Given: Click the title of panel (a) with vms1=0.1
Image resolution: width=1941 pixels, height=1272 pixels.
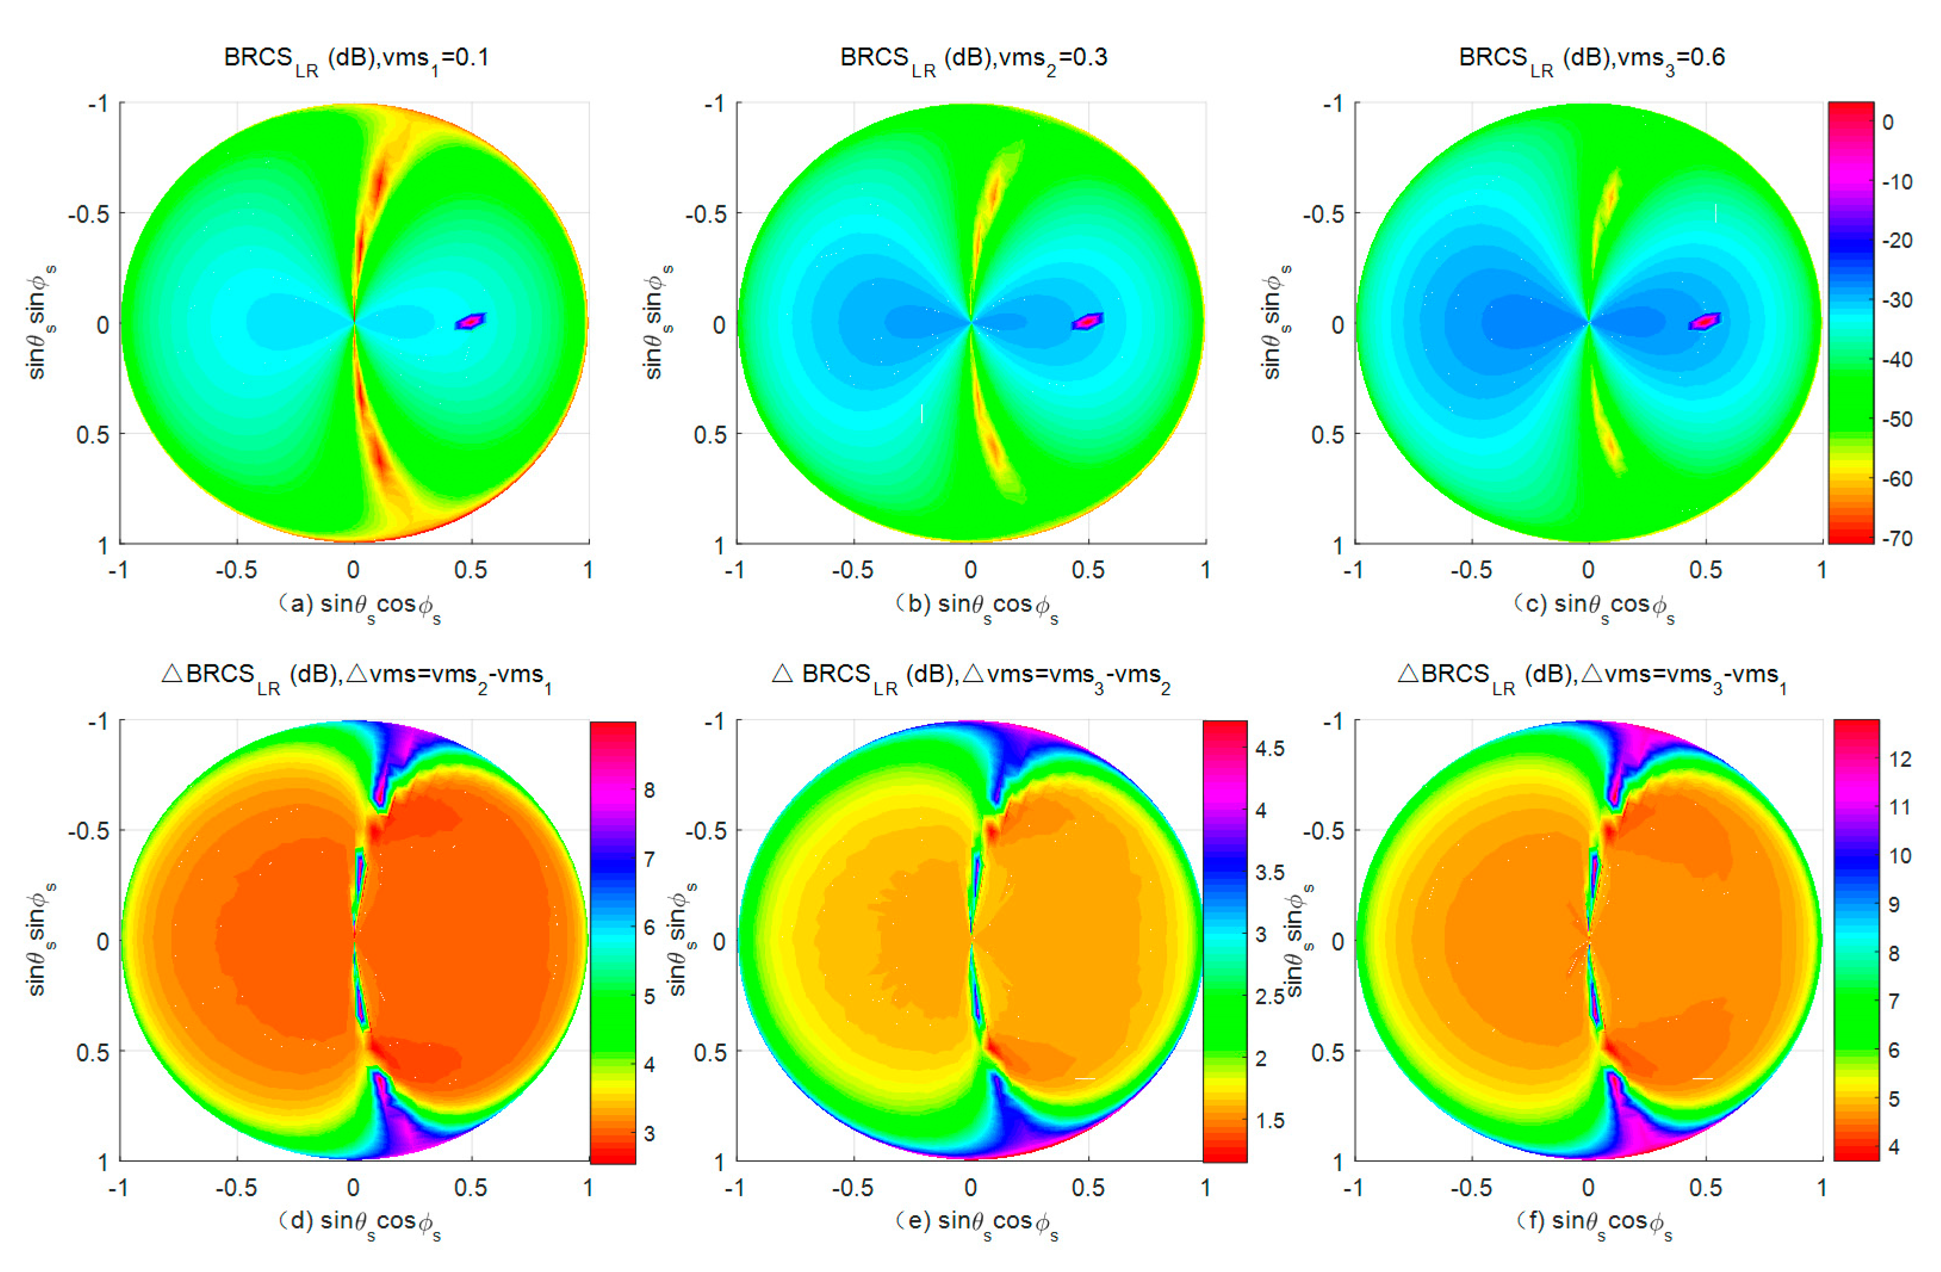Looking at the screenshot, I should click(356, 59).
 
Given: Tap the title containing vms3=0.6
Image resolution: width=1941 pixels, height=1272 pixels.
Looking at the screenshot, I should click(1591, 59).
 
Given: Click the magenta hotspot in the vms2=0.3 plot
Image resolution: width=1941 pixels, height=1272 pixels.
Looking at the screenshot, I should click(1087, 321).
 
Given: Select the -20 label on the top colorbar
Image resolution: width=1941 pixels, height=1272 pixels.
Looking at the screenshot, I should click(1896, 241).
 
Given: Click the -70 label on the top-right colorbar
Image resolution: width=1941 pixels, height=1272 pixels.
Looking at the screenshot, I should click(1896, 538).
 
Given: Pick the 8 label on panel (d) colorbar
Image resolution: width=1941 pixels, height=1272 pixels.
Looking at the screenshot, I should click(648, 790).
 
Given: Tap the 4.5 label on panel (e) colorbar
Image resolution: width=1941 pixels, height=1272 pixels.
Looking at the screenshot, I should click(1269, 748).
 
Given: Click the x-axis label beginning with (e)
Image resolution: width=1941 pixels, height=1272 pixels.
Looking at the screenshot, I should click(976, 1223).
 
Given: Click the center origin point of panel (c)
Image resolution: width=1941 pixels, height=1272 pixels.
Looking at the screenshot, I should click(1588, 323).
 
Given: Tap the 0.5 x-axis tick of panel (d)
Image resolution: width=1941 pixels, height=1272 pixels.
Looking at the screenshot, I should click(471, 1187).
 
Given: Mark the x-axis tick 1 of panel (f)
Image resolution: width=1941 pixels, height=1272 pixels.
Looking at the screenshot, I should click(1821, 1187).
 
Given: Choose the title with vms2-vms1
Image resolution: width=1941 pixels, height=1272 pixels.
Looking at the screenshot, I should click(356, 676).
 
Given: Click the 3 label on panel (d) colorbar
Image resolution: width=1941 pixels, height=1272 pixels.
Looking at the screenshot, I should click(648, 1132).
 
